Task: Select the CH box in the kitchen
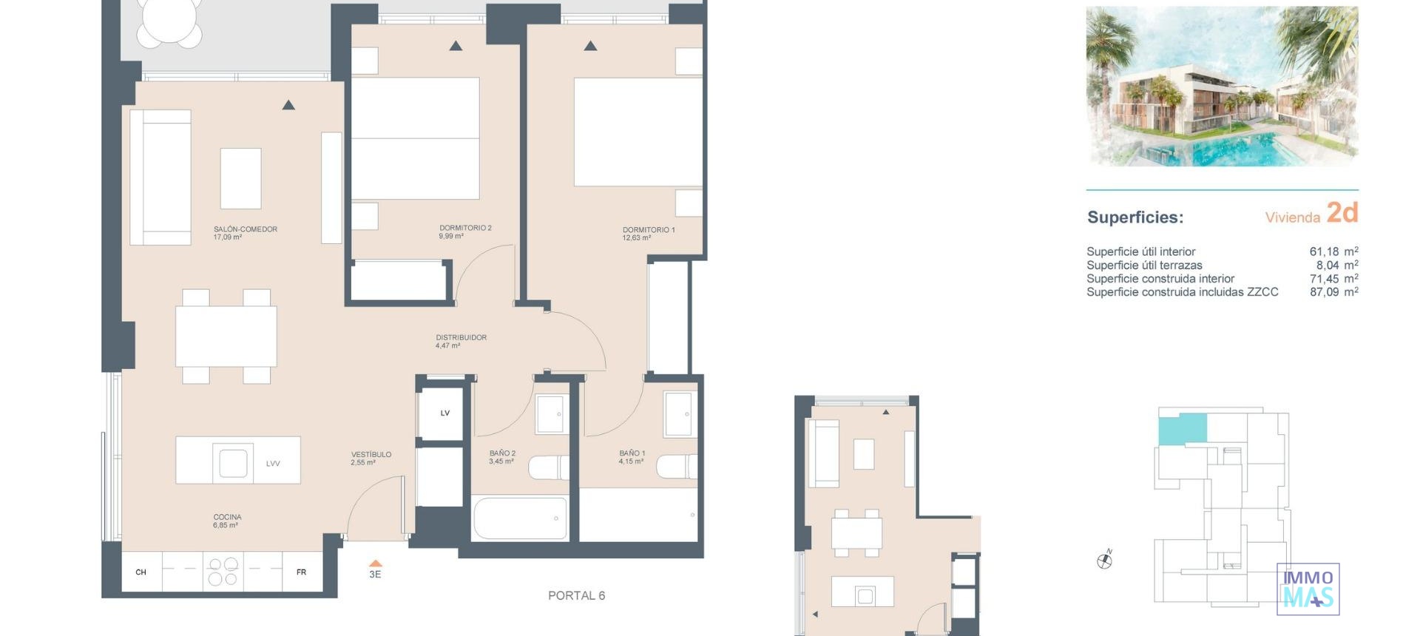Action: pyautogui.click(x=141, y=572)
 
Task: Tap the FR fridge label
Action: pyautogui.click(x=301, y=572)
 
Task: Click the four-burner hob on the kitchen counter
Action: pyautogui.click(x=223, y=572)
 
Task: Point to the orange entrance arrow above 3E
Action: pyautogui.click(x=375, y=564)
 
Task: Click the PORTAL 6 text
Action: pyautogui.click(x=576, y=595)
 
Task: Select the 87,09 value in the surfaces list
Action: pyautogui.click(x=1324, y=292)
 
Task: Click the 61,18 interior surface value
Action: pyautogui.click(x=1324, y=252)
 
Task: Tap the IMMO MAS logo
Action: pyautogui.click(x=1308, y=589)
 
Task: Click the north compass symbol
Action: pyautogui.click(x=1104, y=561)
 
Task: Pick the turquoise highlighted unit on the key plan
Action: pyautogui.click(x=1181, y=429)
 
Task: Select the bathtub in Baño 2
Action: pyautogui.click(x=520, y=518)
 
